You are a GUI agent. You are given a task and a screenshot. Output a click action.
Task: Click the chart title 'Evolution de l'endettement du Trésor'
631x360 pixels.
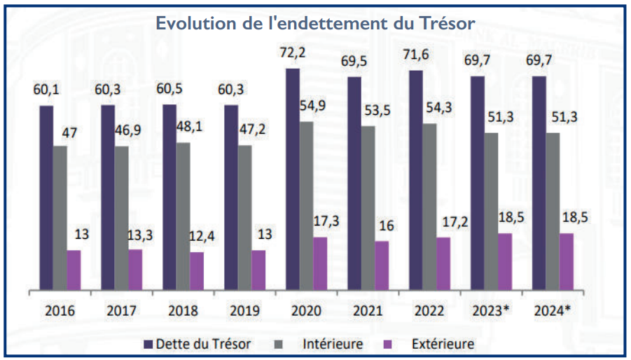pyautogui.click(x=315, y=22)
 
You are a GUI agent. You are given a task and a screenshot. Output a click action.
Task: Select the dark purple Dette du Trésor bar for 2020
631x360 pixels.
pyautogui.click(x=293, y=179)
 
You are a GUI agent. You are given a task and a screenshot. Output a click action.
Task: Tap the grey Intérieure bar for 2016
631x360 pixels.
pyautogui.click(x=60, y=217)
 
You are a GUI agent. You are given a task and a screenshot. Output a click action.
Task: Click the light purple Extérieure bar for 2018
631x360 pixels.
pyautogui.click(x=197, y=270)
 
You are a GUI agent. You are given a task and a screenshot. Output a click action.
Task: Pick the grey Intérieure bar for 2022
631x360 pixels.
pyautogui.click(x=430, y=207)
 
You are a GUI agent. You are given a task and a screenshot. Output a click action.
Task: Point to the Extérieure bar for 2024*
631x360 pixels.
pyautogui.click(x=567, y=261)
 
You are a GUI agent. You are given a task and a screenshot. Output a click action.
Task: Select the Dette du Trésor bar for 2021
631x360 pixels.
pyautogui.click(x=354, y=183)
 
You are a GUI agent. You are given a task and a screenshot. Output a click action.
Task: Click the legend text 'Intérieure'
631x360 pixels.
pyautogui.click(x=333, y=344)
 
